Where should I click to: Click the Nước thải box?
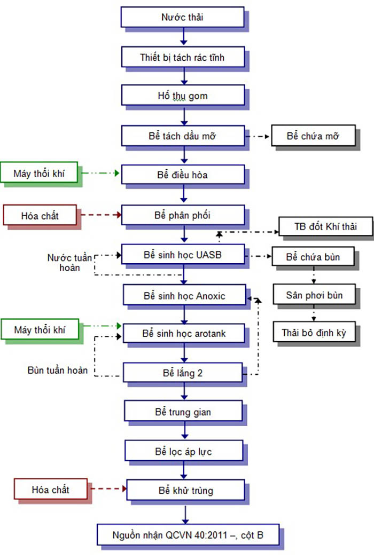tap(182, 17)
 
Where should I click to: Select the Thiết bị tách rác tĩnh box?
tap(182, 57)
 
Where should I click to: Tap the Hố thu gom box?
tap(182, 96)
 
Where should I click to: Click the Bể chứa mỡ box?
tap(313, 136)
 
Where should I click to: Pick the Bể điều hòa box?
tap(182, 174)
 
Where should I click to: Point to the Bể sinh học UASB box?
tap(182, 255)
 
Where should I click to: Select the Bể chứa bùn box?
tap(313, 256)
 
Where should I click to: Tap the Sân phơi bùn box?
tap(313, 295)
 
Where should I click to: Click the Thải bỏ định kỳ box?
tap(313, 333)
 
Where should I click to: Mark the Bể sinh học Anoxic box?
tap(184, 295)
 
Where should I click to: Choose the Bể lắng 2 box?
tap(182, 373)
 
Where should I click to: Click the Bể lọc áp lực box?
tap(184, 451)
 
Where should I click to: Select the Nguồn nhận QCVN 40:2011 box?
tap(188, 534)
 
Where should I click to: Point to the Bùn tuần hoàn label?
tap(58, 370)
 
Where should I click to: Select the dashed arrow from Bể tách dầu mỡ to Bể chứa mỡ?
tap(259, 136)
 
